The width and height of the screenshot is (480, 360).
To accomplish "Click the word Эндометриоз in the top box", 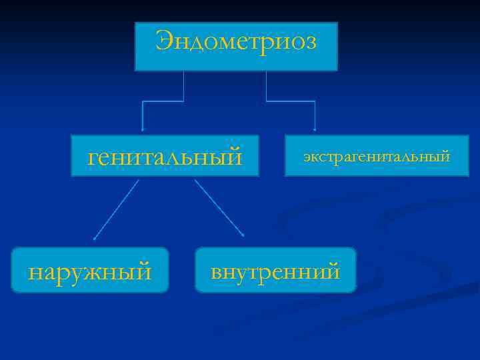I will [236, 42].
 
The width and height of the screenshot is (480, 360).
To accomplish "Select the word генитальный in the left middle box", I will [165, 157].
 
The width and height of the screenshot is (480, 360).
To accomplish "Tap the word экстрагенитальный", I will [377, 157].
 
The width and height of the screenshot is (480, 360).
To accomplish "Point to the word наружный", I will [90, 271].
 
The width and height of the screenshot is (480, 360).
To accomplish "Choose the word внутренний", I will [275, 271].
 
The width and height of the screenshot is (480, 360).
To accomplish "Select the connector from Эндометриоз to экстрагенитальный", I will [291, 101].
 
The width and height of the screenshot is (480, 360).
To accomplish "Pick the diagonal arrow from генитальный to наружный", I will [117, 209].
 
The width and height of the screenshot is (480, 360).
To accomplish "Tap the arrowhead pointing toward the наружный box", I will [95, 237].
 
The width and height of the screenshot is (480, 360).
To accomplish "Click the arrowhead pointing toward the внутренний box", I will [243, 235].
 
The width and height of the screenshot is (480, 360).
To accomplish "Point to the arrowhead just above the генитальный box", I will [142, 129].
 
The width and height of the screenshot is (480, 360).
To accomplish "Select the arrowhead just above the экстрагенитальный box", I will [315, 129].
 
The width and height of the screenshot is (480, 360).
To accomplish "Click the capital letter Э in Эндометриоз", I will [163, 41].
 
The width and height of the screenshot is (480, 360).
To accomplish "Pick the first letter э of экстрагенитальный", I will [307, 158].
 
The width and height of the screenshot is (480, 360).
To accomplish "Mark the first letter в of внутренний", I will [217, 272].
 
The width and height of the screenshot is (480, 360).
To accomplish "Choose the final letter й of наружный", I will [144, 270].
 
